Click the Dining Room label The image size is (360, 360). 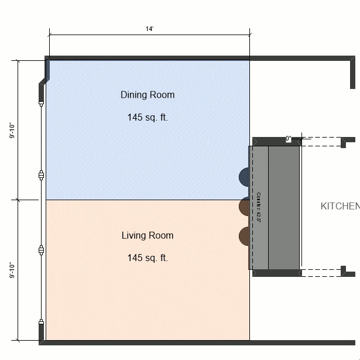tap(148, 95)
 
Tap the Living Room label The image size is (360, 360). tap(148, 235)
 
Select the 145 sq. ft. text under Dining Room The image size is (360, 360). tap(148, 117)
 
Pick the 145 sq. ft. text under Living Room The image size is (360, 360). tap(148, 258)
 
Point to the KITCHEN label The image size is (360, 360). tap(340, 206)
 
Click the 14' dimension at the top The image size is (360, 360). tap(150, 29)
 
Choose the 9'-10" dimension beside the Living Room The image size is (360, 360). tap(11, 270)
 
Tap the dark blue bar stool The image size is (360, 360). tap(244, 176)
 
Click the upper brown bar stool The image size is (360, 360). tap(244, 206)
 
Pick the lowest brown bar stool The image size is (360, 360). tap(244, 235)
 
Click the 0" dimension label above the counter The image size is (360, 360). tap(289, 139)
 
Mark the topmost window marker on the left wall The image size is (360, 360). tap(41, 103)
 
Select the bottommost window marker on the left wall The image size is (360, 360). tap(41, 321)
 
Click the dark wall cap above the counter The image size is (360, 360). tap(276, 141)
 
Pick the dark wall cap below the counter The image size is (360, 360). tap(276, 273)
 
